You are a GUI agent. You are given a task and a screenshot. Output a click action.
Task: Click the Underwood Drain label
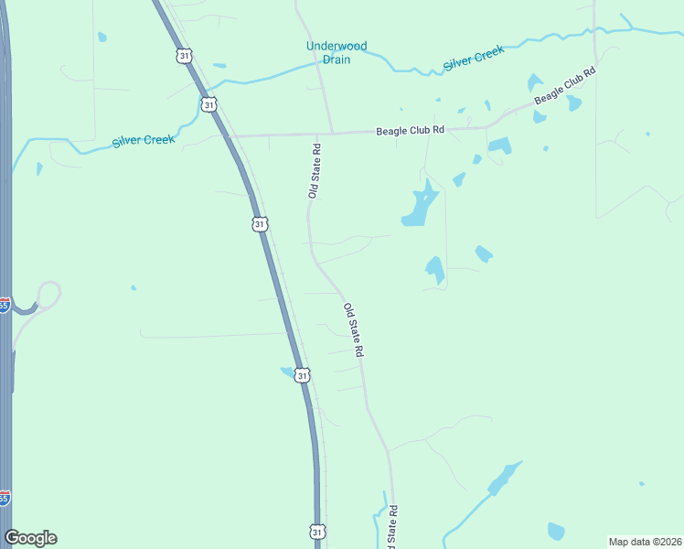tap(337, 53)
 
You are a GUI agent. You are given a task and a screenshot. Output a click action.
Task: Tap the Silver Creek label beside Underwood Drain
tap(474, 59)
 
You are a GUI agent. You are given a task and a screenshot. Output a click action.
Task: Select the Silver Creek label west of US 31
tap(144, 140)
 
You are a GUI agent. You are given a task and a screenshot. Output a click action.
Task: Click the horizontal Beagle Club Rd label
tap(410, 131)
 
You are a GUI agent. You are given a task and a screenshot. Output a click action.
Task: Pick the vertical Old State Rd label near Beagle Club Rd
tap(314, 171)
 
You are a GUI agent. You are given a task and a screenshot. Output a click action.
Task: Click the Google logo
tap(31, 538)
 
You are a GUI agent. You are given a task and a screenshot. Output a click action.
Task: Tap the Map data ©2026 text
tap(644, 542)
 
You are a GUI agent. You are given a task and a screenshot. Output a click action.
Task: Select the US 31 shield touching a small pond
tap(303, 375)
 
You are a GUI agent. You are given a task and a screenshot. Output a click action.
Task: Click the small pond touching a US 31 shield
tap(287, 371)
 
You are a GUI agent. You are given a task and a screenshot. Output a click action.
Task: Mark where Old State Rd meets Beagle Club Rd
tap(331, 134)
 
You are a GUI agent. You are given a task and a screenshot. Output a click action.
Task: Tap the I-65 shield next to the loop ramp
tap(5, 305)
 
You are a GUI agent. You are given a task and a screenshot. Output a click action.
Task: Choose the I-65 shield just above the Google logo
tap(5, 498)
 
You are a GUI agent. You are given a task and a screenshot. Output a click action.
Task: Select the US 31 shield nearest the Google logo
tap(316, 532)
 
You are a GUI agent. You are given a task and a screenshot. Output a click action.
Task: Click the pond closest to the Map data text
tap(556, 531)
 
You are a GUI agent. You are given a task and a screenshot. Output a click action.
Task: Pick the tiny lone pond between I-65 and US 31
tap(134, 288)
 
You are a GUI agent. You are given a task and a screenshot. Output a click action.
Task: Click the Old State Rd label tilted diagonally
tap(355, 330)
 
